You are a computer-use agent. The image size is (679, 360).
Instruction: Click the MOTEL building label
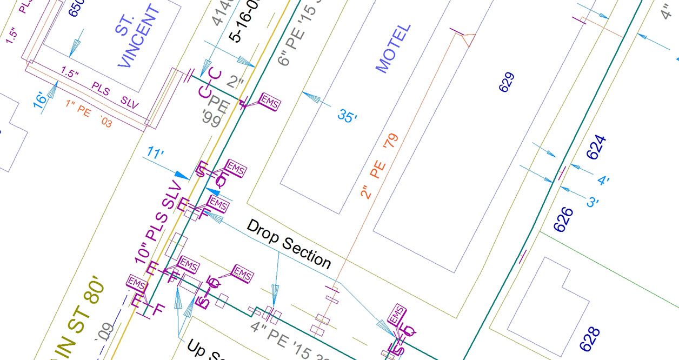click(393, 49)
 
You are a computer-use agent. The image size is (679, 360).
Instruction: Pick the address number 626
click(563, 218)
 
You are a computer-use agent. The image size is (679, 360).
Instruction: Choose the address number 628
click(589, 339)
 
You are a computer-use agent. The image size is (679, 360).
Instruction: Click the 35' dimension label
click(348, 115)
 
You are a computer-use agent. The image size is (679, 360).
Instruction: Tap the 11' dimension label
click(155, 154)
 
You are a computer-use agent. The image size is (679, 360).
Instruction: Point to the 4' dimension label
click(603, 179)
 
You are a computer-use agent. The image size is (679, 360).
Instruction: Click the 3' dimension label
click(593, 202)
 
